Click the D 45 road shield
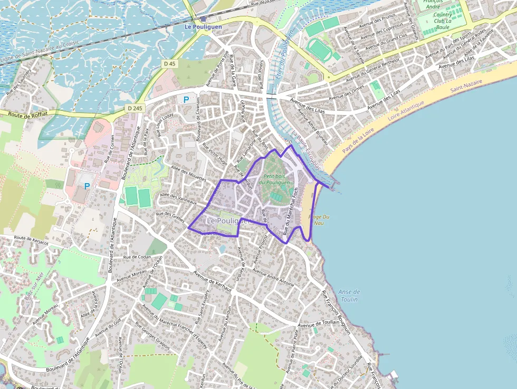coord(169,63)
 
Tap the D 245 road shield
coord(135,108)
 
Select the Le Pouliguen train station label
coord(203,26)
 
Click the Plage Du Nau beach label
coord(319,220)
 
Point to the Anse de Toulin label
coord(349,296)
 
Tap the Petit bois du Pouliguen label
coord(277,179)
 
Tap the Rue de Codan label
coord(137,257)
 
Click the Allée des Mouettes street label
coord(188,174)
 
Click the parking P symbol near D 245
coord(186,99)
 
